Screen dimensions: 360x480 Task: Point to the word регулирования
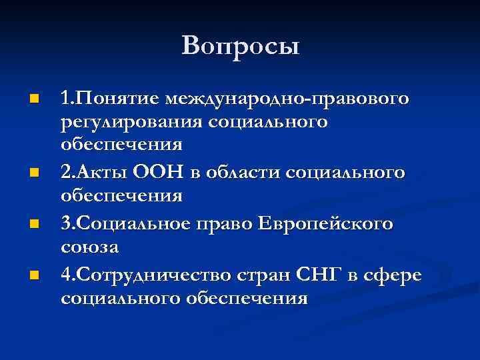click(x=132, y=122)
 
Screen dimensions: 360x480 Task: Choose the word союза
click(x=90, y=247)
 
